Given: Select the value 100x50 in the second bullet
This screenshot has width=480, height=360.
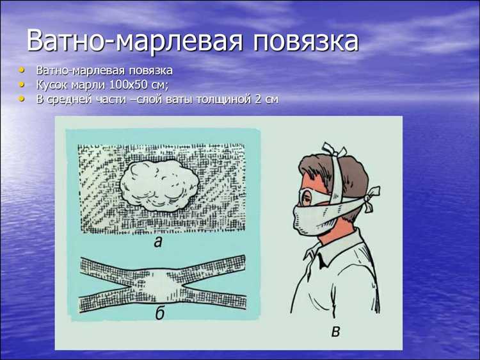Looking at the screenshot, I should [127, 85].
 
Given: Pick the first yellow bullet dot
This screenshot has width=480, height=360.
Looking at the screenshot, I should [24, 69].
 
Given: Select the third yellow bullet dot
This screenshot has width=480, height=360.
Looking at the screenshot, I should [24, 99].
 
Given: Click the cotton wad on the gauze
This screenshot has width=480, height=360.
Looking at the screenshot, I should [161, 186].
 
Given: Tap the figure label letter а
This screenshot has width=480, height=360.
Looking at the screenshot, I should [158, 242].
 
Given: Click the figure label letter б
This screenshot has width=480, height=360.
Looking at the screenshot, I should [160, 313].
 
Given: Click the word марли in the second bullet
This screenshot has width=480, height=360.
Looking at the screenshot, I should [91, 85].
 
